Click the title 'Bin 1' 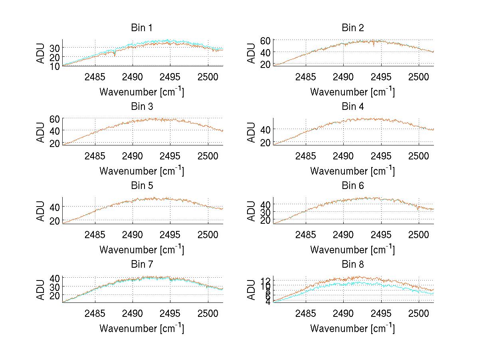pyautogui.click(x=142, y=28)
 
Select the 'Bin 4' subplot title pyautogui.click(x=353, y=107)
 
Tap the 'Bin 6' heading pyautogui.click(x=353, y=186)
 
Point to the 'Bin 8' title pyautogui.click(x=353, y=265)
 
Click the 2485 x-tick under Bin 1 pyautogui.click(x=95, y=77)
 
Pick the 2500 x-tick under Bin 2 pyautogui.click(x=419, y=77)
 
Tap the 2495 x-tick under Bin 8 pyautogui.click(x=381, y=313)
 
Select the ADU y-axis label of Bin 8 pyautogui.click(x=251, y=290)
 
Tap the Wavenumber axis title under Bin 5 pyautogui.click(x=142, y=250)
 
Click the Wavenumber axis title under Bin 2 pyautogui.click(x=353, y=92)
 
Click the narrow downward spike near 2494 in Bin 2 pyautogui.click(x=374, y=45)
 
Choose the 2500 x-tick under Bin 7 pyautogui.click(x=208, y=313)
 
